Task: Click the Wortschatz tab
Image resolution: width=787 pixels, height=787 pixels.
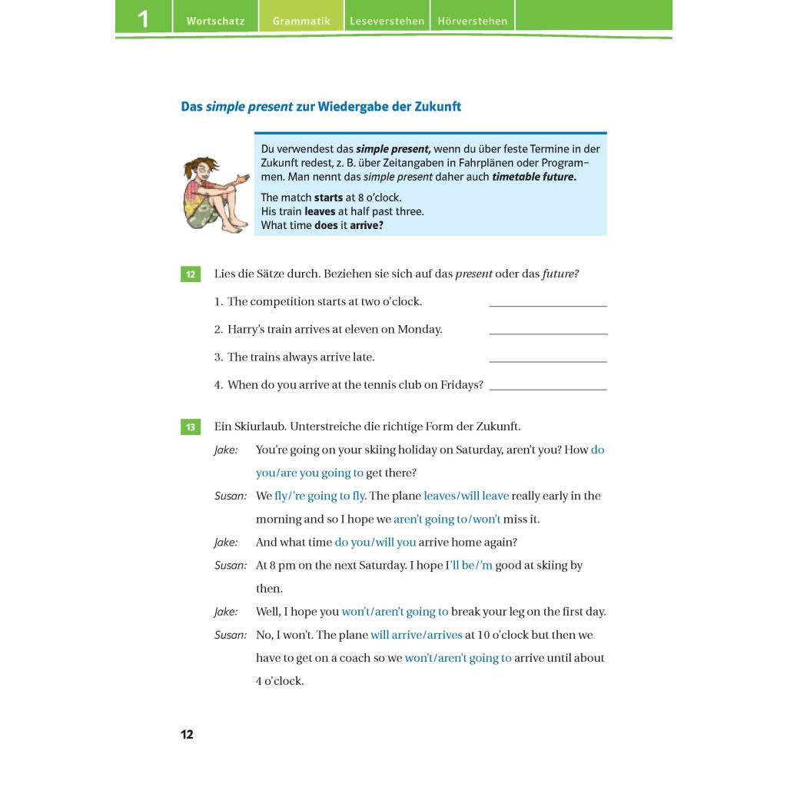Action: pos(215,22)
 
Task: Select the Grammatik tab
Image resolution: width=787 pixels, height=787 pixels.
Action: pos(301,22)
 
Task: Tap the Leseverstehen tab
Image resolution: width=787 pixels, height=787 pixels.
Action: pos(387,22)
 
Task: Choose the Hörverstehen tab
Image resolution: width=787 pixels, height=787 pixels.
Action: pos(473,22)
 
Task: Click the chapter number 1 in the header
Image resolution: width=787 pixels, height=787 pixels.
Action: pos(143,18)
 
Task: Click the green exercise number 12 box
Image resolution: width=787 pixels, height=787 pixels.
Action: pos(191,274)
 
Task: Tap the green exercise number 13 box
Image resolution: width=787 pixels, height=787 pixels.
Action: pos(191,427)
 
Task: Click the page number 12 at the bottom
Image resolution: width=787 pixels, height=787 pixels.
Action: pos(187,735)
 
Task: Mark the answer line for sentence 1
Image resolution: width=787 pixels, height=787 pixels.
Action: pos(548,305)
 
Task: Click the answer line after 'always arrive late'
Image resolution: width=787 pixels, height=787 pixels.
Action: pos(548,360)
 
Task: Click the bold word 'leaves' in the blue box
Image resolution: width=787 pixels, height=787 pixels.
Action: pos(320,211)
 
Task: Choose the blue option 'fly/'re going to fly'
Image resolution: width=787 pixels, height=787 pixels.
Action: pos(320,496)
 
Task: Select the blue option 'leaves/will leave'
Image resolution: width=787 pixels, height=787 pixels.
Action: pos(467,496)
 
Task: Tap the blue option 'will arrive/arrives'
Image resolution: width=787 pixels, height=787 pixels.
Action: pos(417,635)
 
